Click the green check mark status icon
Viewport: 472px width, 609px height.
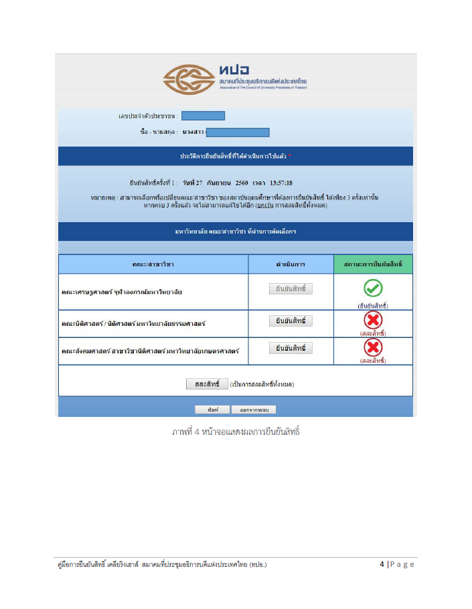coord(373,288)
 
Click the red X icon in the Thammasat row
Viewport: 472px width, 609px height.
coord(372,321)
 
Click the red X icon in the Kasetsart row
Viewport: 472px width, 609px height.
coord(372,348)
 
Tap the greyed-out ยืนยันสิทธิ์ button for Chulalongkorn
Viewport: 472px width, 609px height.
coord(291,289)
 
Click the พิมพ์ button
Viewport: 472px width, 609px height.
coord(208,410)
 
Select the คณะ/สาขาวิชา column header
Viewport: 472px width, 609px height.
coord(153,264)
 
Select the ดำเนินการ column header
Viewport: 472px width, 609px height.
coord(291,264)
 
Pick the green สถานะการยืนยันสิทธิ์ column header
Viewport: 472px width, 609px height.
coord(373,264)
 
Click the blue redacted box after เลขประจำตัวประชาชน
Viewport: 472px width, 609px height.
coord(203,116)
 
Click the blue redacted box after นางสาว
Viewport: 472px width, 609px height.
coord(238,133)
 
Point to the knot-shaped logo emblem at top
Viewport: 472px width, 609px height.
coord(188,80)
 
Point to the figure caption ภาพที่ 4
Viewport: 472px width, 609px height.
coord(235,431)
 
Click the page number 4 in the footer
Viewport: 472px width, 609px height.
coord(382,564)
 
